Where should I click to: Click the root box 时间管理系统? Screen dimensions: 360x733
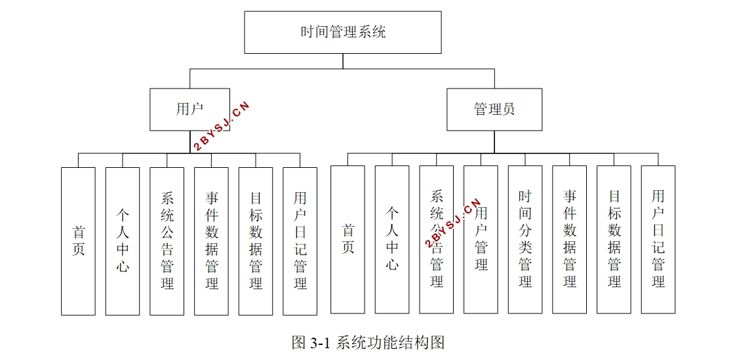(342, 31)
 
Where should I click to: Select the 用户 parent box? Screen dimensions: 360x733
(189, 110)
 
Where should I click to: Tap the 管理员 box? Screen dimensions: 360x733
(494, 110)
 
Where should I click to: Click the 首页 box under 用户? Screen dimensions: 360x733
(78, 241)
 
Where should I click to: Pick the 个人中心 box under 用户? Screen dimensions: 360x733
(123, 241)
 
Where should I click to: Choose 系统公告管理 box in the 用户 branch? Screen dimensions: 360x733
(167, 241)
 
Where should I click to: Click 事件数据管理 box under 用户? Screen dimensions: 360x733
(211, 241)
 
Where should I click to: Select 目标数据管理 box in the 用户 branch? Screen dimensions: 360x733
(256, 241)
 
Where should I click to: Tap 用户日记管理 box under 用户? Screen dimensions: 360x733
(300, 241)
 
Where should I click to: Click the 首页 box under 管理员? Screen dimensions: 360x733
(347, 239)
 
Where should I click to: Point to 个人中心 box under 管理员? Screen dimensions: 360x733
(392, 239)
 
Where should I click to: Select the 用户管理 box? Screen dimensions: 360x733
(481, 239)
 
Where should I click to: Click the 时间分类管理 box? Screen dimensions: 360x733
(525, 239)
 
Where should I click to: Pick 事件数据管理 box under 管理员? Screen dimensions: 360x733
(570, 239)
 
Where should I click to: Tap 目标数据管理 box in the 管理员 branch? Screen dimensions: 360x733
(614, 239)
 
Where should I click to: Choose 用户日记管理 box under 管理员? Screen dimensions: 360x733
(658, 239)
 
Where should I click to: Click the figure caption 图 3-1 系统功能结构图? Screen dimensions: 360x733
(368, 342)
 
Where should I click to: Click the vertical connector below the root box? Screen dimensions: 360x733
(343, 61)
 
